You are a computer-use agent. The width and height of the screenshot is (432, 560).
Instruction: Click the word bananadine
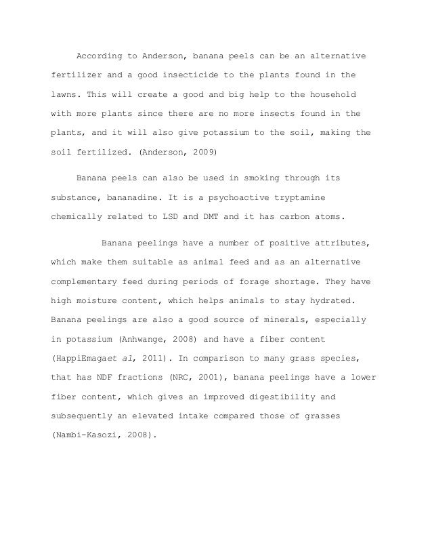coord(139,199)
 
